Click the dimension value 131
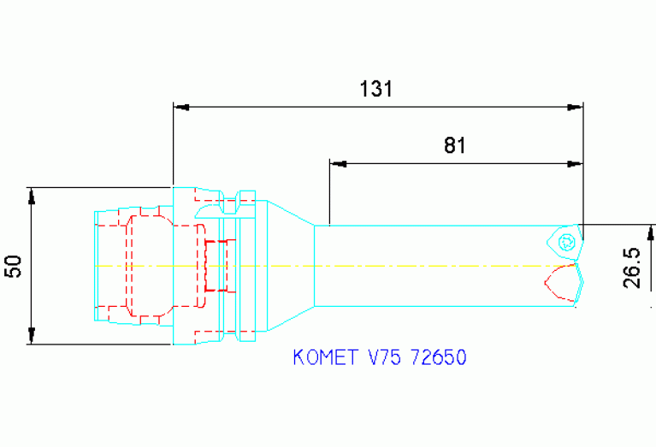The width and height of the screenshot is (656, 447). point(376,89)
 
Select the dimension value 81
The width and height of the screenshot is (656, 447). point(455,145)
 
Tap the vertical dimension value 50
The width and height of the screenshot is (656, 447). point(14,266)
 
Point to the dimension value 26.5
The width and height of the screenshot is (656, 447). point(634,268)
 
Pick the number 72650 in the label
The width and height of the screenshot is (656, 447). point(439,357)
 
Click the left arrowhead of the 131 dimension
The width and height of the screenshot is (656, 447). point(180,108)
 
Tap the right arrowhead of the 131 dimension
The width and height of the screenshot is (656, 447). point(576,108)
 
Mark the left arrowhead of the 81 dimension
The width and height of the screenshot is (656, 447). point(337,162)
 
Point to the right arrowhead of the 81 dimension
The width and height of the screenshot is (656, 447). point(576,162)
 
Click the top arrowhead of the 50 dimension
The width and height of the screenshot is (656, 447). point(32,196)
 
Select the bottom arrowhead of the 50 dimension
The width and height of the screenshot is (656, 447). point(32,335)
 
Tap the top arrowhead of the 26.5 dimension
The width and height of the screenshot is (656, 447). point(651,232)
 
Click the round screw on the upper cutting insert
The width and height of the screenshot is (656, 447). point(564,242)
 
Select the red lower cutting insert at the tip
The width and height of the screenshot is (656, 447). point(563,282)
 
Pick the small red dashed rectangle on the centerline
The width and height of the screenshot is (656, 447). point(219,265)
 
